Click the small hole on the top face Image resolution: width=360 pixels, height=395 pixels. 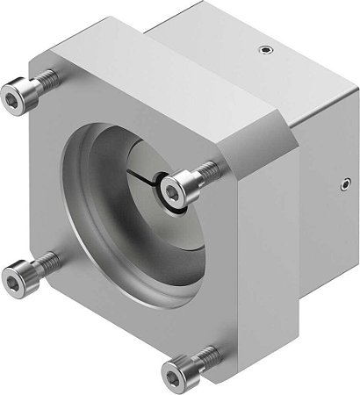click(x=261, y=51)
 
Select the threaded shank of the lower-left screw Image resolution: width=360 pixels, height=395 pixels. click(x=46, y=262)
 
